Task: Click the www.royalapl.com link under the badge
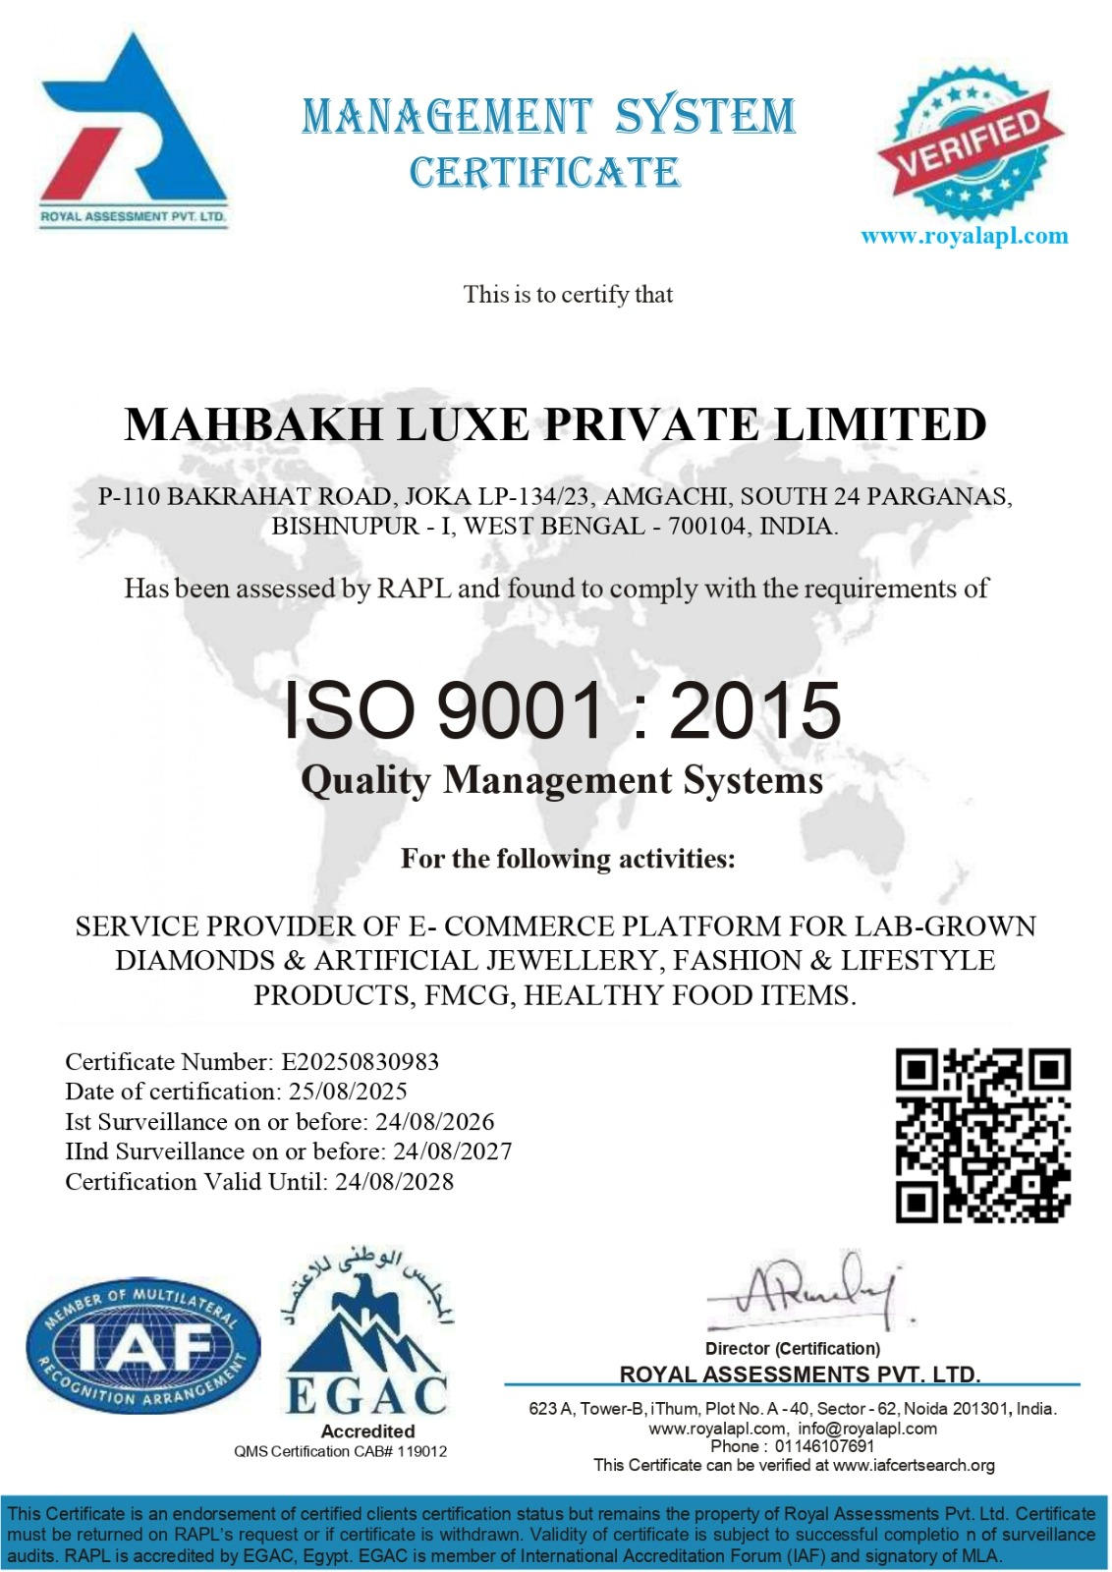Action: coord(964,236)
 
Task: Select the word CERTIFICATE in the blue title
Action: coord(544,173)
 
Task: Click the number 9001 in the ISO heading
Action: coord(519,710)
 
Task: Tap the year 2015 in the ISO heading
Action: coord(754,710)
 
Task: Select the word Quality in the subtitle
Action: coord(365,780)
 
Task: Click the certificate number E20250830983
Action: coord(360,1062)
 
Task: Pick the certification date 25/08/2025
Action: coord(348,1092)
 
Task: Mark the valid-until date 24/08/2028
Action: coord(394,1182)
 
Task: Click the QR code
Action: coord(982,1136)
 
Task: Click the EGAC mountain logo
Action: coord(367,1341)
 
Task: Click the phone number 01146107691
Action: coord(824,1446)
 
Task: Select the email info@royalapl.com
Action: coord(867,1429)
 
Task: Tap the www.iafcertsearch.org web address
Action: coord(914,1465)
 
